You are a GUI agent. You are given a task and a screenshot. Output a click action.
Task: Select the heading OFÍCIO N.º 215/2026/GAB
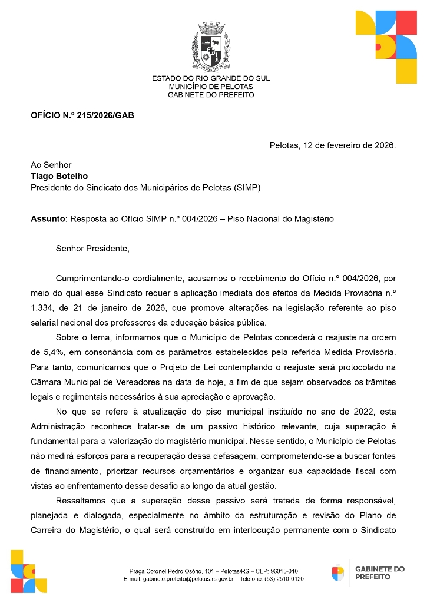pyautogui.click(x=82, y=115)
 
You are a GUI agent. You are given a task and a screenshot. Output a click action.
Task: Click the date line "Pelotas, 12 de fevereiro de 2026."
pyautogui.click(x=332, y=145)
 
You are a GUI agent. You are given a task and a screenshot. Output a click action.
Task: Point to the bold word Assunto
pyautogui.click(x=48, y=219)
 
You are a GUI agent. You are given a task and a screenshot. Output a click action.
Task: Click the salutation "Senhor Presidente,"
pyautogui.click(x=92, y=248)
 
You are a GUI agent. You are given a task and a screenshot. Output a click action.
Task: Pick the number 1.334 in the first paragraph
pyautogui.click(x=43, y=308)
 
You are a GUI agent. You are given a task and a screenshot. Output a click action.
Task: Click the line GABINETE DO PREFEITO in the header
pyautogui.click(x=211, y=95)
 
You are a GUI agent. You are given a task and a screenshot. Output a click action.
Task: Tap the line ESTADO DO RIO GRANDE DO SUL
pyautogui.click(x=211, y=78)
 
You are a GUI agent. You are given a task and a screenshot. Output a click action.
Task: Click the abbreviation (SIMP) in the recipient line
pyautogui.click(x=247, y=188)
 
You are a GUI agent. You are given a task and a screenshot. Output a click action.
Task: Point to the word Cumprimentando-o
pyautogui.click(x=91, y=277)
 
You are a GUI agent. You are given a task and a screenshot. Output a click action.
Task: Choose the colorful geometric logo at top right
pyautogui.click(x=386, y=47)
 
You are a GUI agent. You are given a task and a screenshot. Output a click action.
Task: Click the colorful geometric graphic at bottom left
pyautogui.click(x=28, y=571)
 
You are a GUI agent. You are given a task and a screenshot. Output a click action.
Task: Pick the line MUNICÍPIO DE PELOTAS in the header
pyautogui.click(x=211, y=87)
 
